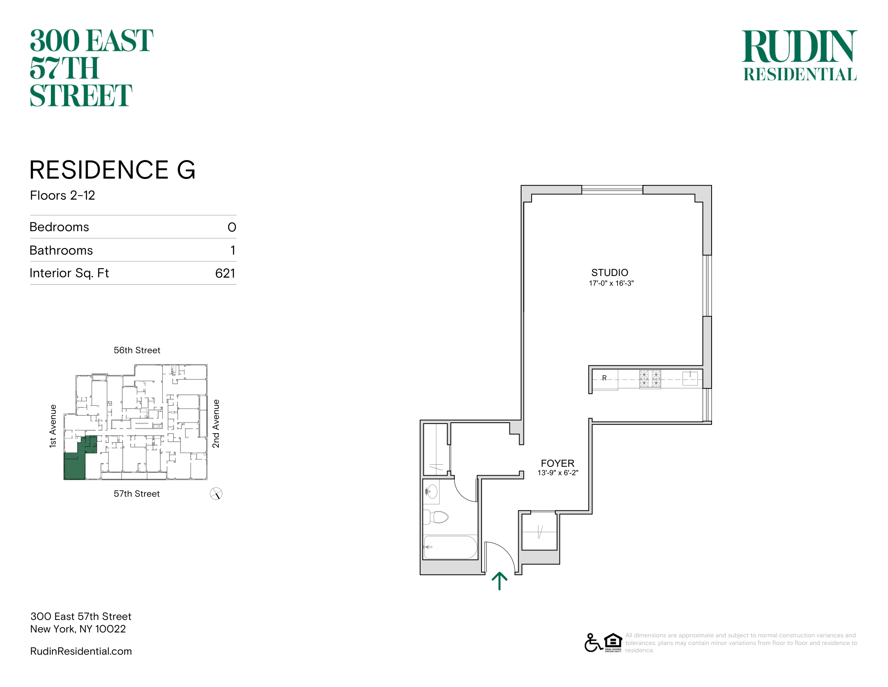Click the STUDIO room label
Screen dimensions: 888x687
[x=609, y=273]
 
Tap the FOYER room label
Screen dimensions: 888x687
[x=557, y=463]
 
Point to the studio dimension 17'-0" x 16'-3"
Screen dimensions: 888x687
[x=611, y=283]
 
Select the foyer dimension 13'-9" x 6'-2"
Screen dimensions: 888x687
[x=558, y=473]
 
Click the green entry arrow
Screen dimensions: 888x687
[x=499, y=581]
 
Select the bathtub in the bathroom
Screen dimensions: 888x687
[x=450, y=548]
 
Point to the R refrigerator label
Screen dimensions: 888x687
[x=604, y=378]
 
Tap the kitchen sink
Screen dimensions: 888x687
[x=690, y=378]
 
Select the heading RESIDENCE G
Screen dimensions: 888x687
[x=113, y=170]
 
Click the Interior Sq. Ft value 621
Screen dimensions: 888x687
[x=225, y=273]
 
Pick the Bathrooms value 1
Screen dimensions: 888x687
[x=233, y=250]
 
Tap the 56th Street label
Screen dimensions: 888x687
[x=137, y=350]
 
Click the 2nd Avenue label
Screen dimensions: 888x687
[x=216, y=424]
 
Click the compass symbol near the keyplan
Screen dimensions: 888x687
[x=216, y=494]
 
